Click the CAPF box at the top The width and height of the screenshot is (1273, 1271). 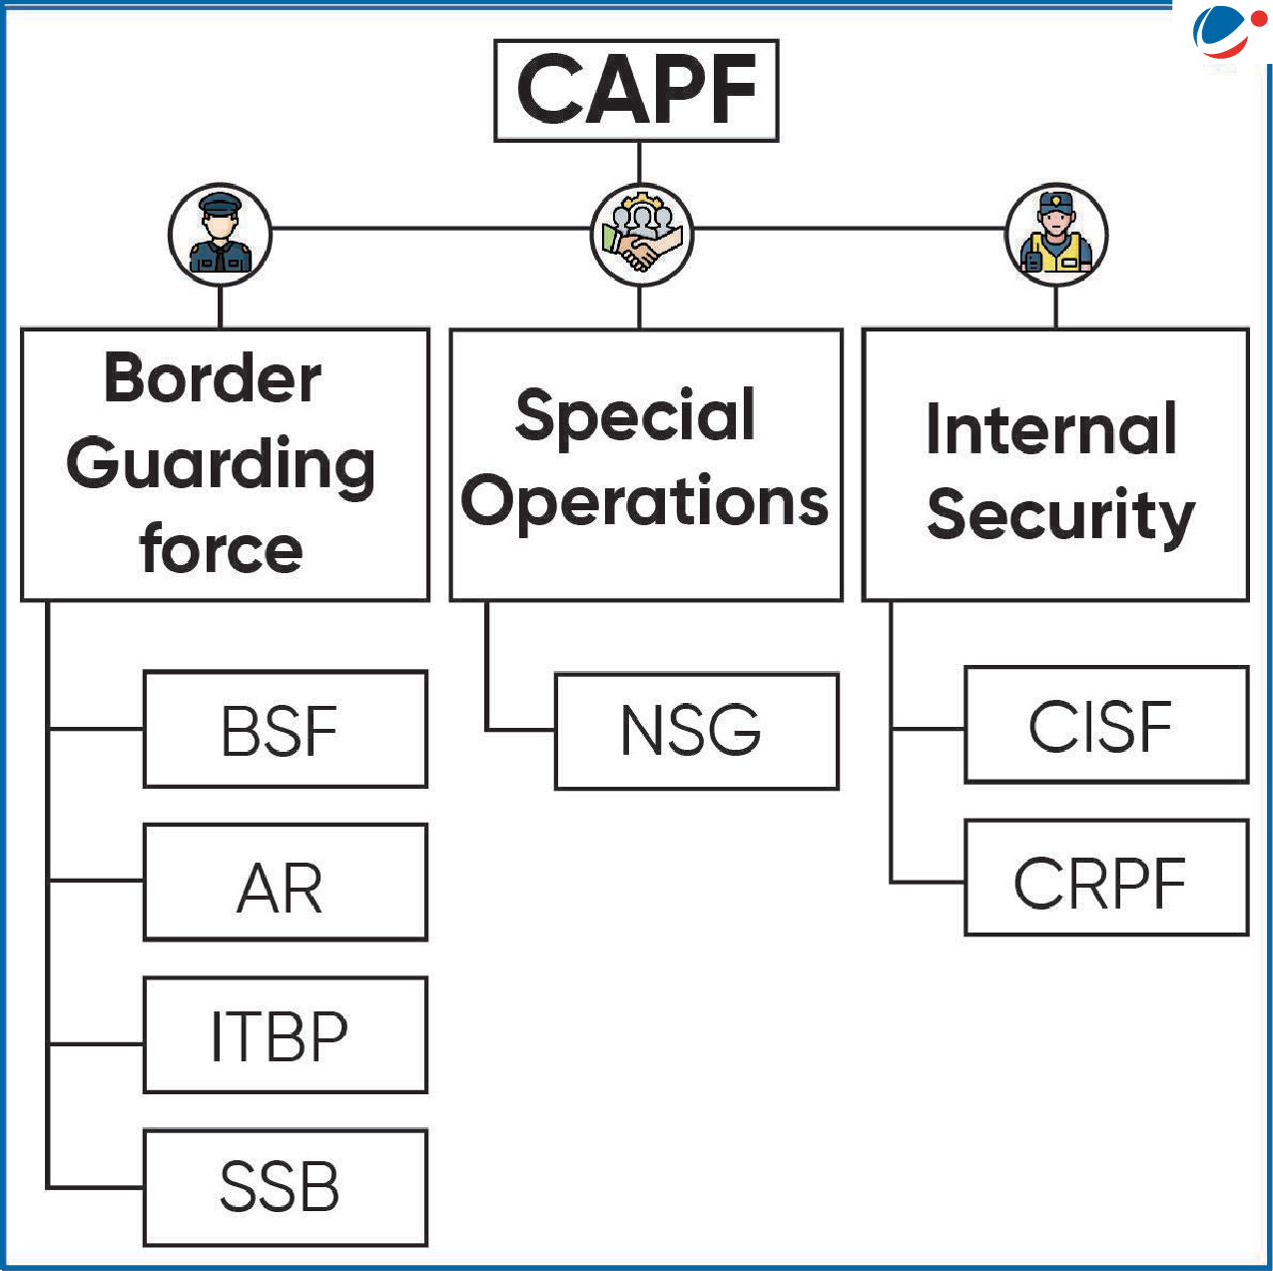click(x=636, y=90)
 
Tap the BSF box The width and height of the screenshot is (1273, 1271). click(x=285, y=730)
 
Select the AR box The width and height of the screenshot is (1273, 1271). click(x=285, y=883)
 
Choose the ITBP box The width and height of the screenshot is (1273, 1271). click(x=285, y=1035)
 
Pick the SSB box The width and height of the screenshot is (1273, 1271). click(x=285, y=1188)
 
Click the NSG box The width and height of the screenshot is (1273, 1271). click(x=696, y=732)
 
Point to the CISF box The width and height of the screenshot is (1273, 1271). click(x=1105, y=725)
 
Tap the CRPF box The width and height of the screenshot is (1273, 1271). click(x=1105, y=879)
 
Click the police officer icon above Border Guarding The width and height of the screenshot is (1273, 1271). click(x=220, y=235)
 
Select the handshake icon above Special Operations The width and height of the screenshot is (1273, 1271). click(x=641, y=236)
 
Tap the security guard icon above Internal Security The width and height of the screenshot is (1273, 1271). click(x=1056, y=236)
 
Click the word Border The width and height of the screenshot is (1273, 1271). click(x=213, y=378)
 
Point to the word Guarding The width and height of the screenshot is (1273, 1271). click(x=221, y=465)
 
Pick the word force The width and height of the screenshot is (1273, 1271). click(x=221, y=550)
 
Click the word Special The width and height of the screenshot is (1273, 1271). click(x=635, y=415)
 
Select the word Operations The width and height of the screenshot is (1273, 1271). click(x=644, y=501)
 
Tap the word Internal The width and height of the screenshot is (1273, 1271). click(x=1051, y=429)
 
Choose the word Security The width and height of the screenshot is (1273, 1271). click(x=1060, y=515)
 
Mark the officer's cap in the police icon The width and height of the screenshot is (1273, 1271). click(x=220, y=207)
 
